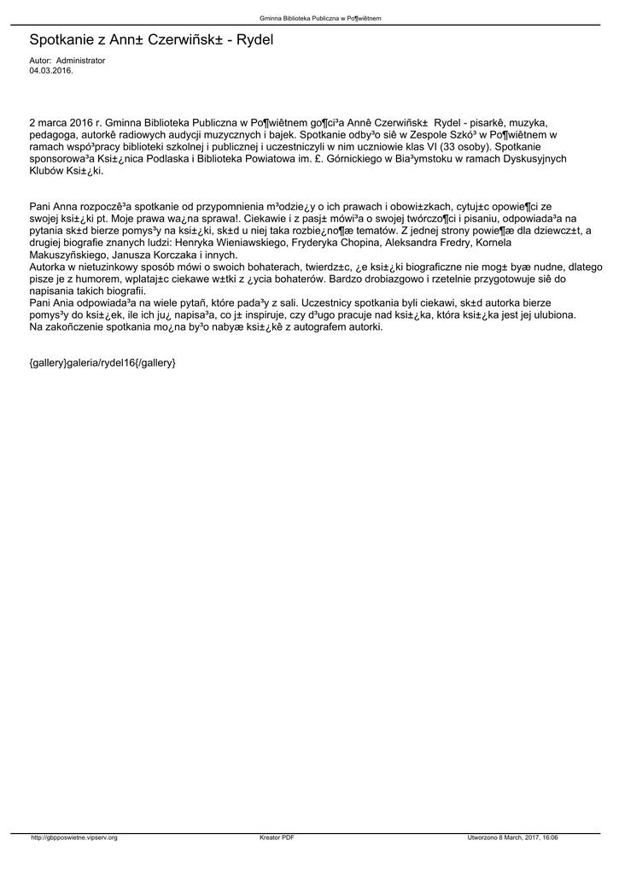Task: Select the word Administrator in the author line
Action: coord(80,61)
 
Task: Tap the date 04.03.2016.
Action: coord(51,70)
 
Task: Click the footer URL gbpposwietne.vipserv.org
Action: coord(75,837)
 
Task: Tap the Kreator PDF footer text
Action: coord(277,837)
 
